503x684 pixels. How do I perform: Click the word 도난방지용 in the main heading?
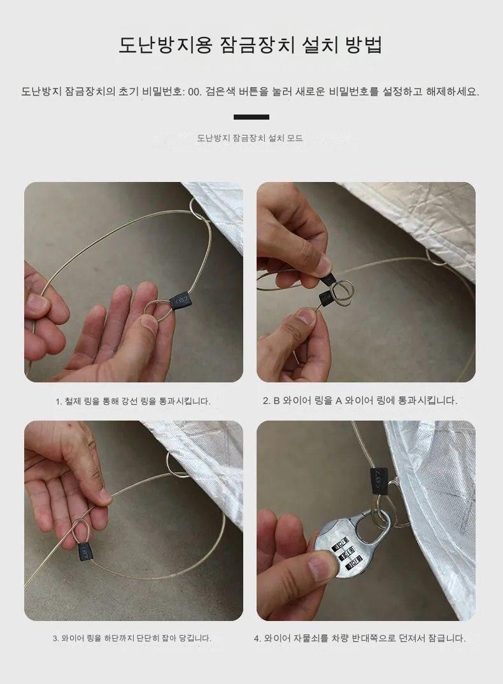click(x=166, y=45)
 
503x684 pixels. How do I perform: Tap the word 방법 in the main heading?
click(x=364, y=45)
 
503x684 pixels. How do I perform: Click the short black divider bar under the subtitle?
click(x=251, y=117)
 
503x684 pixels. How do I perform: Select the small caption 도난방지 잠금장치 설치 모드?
click(x=250, y=138)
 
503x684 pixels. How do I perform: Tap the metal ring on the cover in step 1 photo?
click(x=197, y=210)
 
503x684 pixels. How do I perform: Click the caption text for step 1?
click(x=133, y=401)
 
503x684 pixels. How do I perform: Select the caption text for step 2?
click(x=360, y=400)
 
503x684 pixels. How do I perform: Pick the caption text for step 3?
click(x=132, y=638)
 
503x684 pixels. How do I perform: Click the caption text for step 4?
click(x=360, y=638)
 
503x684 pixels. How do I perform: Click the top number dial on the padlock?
click(x=341, y=546)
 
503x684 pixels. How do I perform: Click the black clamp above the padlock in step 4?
click(x=379, y=482)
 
